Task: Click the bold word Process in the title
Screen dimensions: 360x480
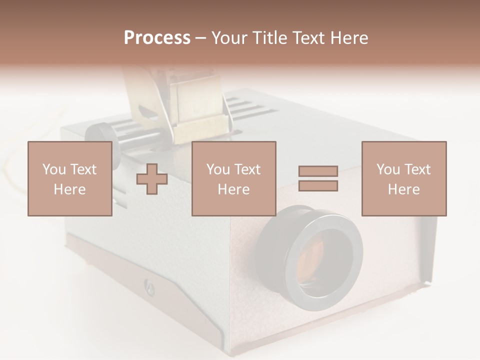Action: (157, 38)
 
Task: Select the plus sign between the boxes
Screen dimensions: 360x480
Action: (152, 179)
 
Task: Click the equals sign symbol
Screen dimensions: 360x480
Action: (318, 178)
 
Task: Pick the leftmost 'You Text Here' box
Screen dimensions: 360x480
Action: (69, 178)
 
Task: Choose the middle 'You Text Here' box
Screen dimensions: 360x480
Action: (233, 178)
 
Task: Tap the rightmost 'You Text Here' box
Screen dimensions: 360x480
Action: (403, 178)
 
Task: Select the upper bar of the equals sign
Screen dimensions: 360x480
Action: (318, 171)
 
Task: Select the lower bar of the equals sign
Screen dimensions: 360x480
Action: (318, 186)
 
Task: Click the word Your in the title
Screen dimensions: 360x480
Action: (229, 38)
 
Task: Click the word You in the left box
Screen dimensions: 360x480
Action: (54, 169)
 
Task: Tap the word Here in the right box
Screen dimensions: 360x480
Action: (403, 189)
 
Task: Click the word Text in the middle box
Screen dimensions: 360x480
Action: (247, 169)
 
